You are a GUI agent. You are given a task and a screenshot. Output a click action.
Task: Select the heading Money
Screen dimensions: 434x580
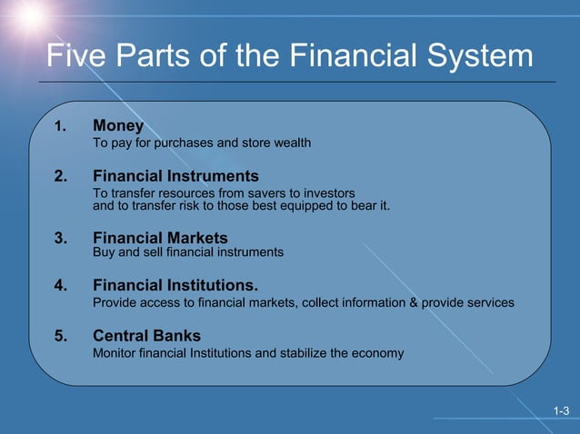click(x=118, y=125)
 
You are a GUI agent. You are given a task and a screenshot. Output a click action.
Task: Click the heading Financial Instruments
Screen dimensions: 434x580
click(x=175, y=176)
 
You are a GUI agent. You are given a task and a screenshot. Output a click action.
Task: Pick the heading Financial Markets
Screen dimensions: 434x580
click(x=160, y=238)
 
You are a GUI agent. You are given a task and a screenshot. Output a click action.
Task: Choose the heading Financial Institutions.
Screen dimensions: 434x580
click(x=182, y=284)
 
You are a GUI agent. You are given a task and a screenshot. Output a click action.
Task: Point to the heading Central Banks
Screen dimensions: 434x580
click(x=146, y=335)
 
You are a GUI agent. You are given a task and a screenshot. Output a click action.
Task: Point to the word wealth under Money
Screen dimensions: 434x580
click(x=291, y=143)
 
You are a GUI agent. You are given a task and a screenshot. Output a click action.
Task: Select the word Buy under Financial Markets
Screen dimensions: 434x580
click(x=105, y=252)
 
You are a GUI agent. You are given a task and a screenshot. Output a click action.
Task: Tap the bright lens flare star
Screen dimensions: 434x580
click(x=30, y=15)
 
